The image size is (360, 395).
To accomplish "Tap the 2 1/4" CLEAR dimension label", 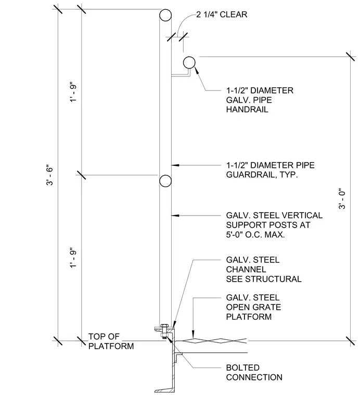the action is pos(222,15).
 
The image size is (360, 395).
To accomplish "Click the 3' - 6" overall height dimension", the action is pos(50,175).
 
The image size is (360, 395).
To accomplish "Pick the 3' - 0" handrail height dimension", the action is pos(342,199).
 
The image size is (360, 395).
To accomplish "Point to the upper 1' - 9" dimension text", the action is pos(73,91).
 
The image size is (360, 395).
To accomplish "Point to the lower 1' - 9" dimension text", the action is pos(73,259).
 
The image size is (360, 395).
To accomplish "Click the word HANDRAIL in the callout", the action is pos(247,110).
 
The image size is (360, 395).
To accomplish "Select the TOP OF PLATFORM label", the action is pos(111,341).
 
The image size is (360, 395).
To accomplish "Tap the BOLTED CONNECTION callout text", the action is pos(254,373).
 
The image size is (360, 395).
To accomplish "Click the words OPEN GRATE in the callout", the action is pos(253,307).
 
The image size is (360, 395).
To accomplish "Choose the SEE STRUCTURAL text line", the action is pos(264,279).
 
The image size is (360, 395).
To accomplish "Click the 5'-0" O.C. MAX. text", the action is pos(255,235).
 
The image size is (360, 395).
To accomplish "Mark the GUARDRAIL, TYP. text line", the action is pos(262,175).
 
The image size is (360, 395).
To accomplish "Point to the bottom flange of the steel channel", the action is pos(164,391).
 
